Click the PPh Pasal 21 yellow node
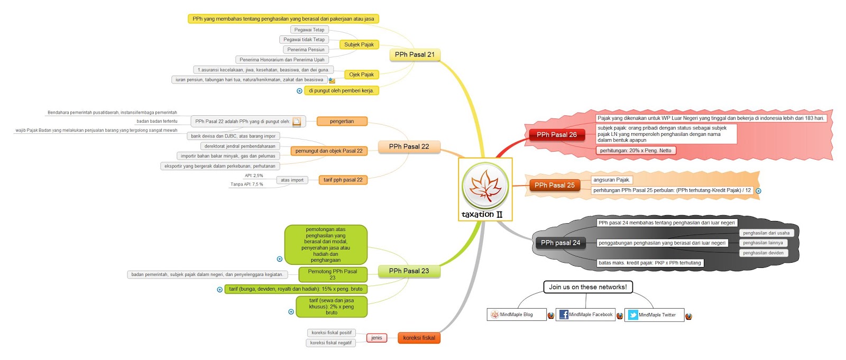click(415, 54)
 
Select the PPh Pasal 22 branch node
click(409, 146)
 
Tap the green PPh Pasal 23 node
click(409, 271)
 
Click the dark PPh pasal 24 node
click(560, 243)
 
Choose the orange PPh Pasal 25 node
click(554, 185)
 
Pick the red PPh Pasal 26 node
click(556, 135)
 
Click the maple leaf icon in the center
click(485, 186)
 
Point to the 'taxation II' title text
click(482, 215)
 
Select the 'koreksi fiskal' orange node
click(419, 338)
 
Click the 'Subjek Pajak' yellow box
click(358, 44)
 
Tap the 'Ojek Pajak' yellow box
click(361, 75)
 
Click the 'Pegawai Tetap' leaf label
click(309, 30)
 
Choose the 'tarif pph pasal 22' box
click(343, 180)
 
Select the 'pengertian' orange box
click(342, 121)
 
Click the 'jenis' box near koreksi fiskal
click(376, 338)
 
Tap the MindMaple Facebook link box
click(585, 315)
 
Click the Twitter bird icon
click(633, 315)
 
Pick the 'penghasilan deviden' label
click(763, 253)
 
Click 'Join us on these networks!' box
click(587, 287)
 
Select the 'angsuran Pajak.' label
click(611, 180)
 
